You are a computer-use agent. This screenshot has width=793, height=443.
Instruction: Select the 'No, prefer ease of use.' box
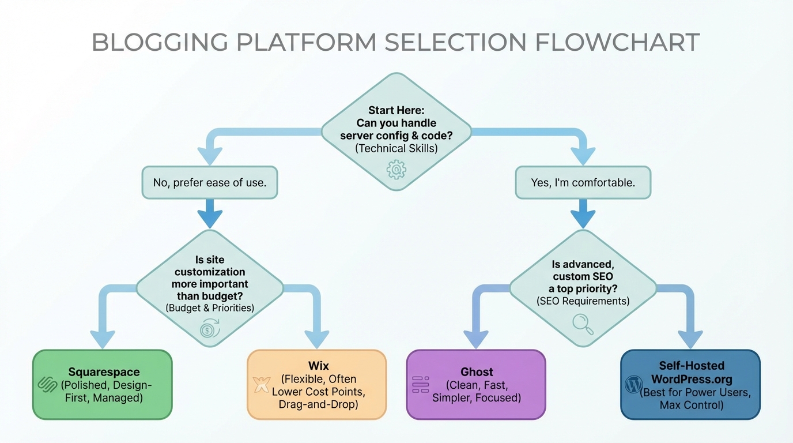coord(209,183)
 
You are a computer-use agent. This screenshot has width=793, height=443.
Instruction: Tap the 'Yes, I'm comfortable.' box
coord(583,183)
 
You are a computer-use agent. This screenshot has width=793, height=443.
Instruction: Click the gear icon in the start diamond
coord(396,169)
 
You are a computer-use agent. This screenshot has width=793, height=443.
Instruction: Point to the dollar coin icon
coord(210,329)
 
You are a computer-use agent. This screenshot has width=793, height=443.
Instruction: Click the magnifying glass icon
coord(583,324)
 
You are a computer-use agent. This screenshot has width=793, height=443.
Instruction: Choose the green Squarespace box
coord(103,384)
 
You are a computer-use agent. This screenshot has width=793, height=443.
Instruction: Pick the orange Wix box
coord(317,384)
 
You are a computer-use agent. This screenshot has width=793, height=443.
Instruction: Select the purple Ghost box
coord(476,384)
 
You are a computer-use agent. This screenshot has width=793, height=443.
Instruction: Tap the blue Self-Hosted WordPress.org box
coord(690,384)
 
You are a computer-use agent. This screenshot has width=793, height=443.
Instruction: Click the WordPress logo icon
coord(634,384)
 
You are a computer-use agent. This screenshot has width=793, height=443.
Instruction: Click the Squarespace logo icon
coord(46,384)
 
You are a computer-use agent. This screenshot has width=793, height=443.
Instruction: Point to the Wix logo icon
coord(262,385)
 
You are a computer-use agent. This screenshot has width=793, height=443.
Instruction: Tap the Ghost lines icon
coord(421,385)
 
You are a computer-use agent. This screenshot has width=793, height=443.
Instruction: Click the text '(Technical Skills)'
coord(396,148)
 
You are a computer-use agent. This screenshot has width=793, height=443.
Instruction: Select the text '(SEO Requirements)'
coord(583,301)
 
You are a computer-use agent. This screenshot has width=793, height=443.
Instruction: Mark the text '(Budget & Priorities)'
coord(210,308)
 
